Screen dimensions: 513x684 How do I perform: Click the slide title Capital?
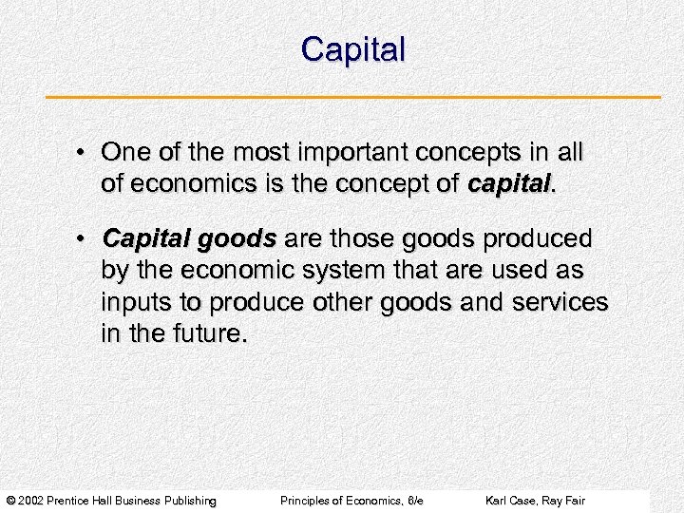pos(352,49)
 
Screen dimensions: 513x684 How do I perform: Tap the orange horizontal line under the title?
pos(352,97)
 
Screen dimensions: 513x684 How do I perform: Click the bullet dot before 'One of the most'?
pos(84,154)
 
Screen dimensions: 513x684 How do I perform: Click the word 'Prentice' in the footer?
pos(77,501)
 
